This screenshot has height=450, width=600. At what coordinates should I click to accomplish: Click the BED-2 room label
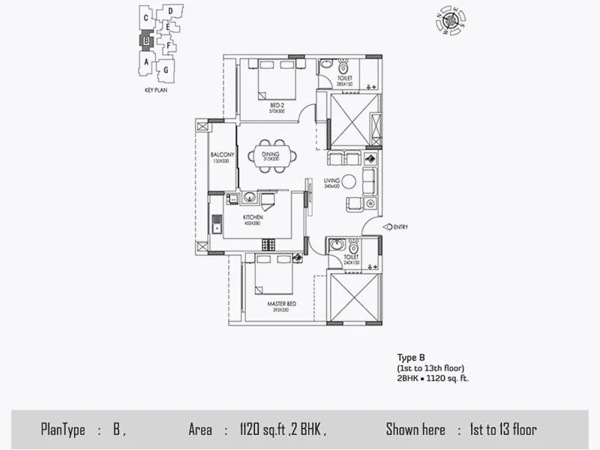click(x=277, y=105)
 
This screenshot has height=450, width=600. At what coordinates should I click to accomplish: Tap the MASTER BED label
click(x=278, y=304)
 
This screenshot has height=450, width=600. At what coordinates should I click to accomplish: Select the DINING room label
click(x=271, y=154)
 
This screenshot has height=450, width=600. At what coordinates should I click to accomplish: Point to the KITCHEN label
click(x=252, y=217)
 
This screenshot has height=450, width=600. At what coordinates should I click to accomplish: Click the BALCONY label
click(x=223, y=155)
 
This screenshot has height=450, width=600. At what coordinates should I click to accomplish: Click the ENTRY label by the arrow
click(x=400, y=226)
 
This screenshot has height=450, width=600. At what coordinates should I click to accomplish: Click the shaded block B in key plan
click(x=147, y=42)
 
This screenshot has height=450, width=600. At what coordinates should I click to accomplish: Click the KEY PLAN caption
click(x=154, y=88)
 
